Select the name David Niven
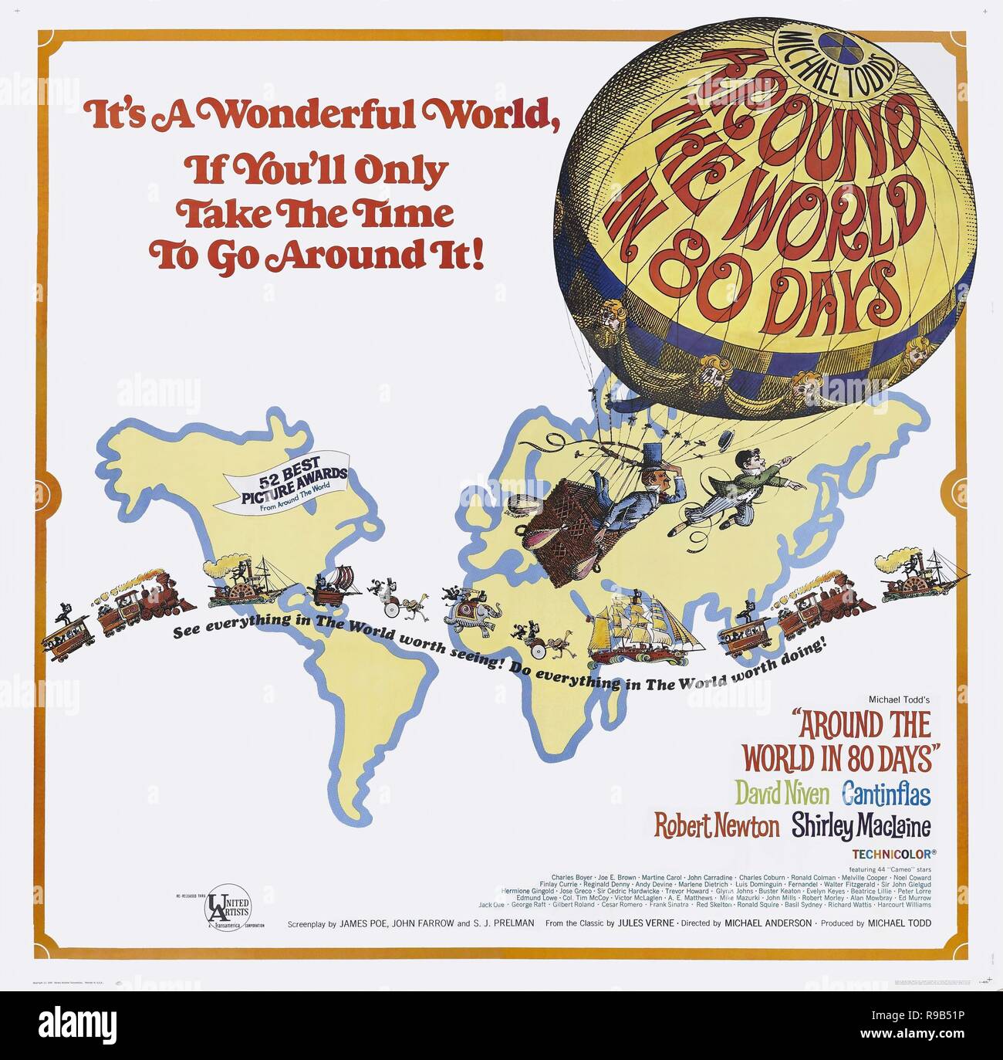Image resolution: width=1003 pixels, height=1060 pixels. [x=781, y=793]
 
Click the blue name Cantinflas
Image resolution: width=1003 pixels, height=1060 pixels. [x=886, y=794]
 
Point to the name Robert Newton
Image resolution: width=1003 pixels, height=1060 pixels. [x=717, y=826]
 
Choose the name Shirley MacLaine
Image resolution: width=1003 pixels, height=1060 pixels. [x=860, y=827]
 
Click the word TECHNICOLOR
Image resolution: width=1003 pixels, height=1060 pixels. [x=893, y=855]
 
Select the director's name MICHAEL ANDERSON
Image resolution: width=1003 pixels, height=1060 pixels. [x=768, y=923]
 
